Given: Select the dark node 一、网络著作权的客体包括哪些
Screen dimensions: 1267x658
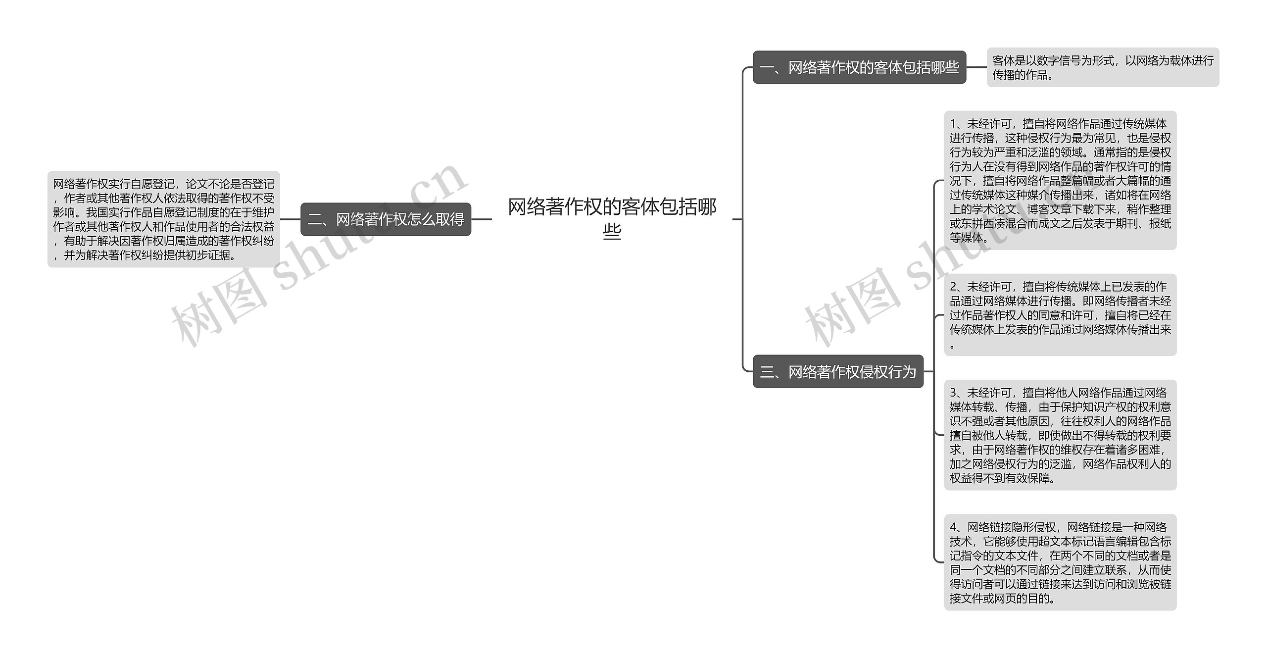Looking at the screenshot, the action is point(859,67).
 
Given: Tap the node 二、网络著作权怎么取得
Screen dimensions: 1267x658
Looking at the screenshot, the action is point(386,219).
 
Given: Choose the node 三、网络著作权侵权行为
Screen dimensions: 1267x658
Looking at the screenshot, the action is point(838,371).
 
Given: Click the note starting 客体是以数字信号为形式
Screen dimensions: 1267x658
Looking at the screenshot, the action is point(1103,67).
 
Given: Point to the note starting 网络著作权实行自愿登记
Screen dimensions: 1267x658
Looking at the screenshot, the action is point(163,219).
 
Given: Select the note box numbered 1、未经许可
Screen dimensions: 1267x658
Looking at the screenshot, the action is point(1060,180).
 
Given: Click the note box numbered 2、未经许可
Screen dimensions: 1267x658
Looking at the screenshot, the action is point(1060,314).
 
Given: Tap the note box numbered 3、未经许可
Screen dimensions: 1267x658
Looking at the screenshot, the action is point(1060,435).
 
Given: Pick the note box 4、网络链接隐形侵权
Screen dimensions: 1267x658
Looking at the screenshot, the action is point(1060,562).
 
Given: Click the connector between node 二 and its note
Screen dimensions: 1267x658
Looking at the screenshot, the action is point(291,219).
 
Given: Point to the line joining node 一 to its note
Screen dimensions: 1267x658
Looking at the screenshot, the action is point(976,67).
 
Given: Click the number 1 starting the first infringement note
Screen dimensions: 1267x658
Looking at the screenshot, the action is point(953,124).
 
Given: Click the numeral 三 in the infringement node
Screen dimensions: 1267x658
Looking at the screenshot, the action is point(767,372).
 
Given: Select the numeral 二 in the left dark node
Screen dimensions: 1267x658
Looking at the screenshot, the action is point(315,219).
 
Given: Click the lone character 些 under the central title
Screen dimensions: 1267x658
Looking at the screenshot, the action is point(612,231).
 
